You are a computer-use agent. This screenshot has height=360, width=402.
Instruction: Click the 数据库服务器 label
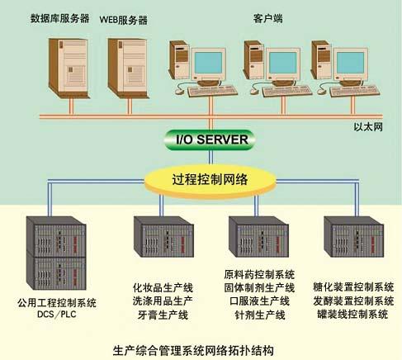coord(59,18)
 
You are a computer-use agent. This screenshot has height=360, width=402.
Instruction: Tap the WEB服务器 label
coord(124,20)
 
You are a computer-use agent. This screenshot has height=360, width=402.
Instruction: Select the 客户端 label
coord(267,18)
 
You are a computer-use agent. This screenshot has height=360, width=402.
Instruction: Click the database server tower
coord(69,69)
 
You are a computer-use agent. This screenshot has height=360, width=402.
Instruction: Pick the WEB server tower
coord(128,69)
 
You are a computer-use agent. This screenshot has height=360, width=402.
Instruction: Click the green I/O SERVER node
coord(210,140)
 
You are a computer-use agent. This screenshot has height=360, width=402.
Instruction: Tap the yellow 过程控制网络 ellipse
coord(210,180)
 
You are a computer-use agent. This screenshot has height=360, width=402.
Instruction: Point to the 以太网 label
coord(368,127)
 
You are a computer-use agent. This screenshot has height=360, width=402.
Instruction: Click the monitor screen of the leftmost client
coord(208,63)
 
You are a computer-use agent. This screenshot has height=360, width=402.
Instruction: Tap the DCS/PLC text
coord(57,314)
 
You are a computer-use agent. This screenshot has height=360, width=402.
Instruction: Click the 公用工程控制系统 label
coord(57,303)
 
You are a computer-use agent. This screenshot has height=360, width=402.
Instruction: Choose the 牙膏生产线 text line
coord(163,315)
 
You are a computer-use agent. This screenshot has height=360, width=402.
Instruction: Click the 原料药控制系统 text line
coord(259,274)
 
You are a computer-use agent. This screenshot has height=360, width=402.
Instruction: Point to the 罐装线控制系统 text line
coord(352,314)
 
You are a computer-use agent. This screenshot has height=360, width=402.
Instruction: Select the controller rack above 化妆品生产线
coord(163,237)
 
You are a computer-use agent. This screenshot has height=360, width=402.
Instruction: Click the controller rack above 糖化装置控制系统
coord(354,237)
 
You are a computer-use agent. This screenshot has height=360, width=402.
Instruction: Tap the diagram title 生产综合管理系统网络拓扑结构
coord(193,350)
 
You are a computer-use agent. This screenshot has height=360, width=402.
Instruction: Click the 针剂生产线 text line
coord(260,315)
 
